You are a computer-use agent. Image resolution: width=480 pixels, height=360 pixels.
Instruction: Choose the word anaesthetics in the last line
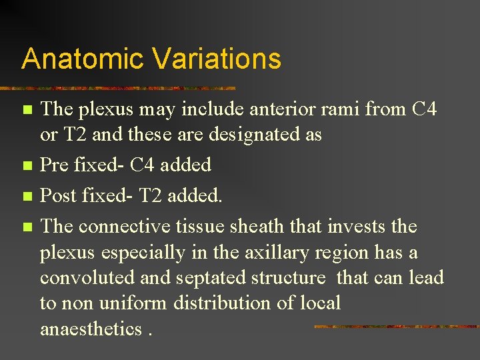91,328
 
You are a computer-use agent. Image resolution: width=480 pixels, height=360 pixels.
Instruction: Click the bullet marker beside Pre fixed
27,165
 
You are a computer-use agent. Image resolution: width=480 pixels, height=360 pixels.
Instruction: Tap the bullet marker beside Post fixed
27,196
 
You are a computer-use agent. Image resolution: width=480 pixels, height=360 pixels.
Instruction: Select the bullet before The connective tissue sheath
27,227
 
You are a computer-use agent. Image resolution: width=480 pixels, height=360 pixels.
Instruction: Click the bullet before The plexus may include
27,109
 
